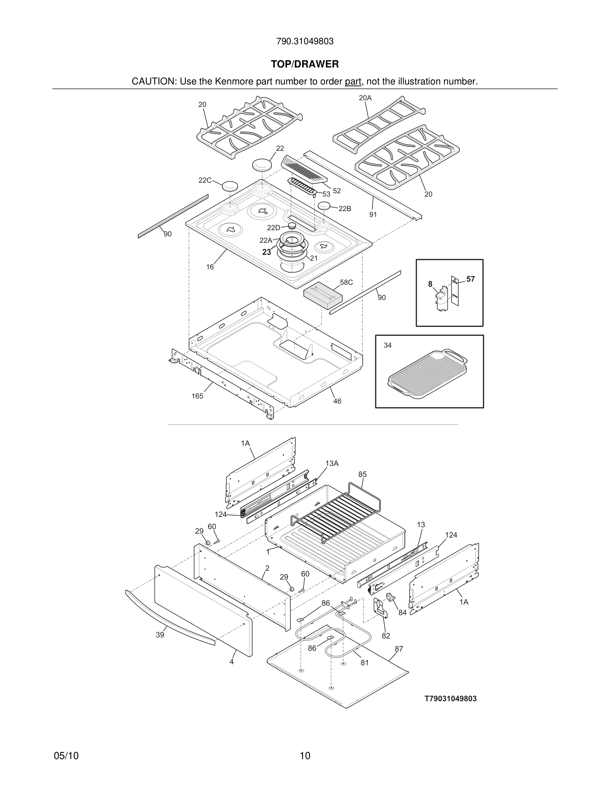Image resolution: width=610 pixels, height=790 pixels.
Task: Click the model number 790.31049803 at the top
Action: coord(305,42)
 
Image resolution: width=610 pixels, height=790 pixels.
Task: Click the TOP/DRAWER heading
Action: coord(305,65)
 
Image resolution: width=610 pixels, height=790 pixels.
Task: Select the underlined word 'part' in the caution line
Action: coord(353,82)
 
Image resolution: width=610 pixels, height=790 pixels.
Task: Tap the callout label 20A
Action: coord(365,98)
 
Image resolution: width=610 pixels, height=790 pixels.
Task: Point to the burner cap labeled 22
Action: coord(262,165)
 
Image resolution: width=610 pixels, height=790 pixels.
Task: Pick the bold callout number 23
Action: coord(266,252)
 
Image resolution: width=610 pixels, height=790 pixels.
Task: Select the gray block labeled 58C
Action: coord(323,296)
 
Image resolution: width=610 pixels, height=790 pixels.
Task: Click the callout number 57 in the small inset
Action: coord(470,279)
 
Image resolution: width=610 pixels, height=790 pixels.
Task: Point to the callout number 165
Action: coord(197,396)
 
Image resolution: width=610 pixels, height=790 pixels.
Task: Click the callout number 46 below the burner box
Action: coord(337,401)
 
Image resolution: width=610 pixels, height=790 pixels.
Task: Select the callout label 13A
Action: coord(332,463)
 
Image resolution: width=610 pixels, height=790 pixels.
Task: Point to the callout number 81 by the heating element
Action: coord(364,663)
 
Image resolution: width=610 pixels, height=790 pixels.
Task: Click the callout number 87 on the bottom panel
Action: coord(399,649)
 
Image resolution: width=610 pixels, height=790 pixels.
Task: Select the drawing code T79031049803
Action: coord(450,699)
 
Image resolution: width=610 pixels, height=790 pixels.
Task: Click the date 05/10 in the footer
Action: coord(66,756)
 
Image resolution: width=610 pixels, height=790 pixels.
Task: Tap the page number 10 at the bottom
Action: coord(305,756)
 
